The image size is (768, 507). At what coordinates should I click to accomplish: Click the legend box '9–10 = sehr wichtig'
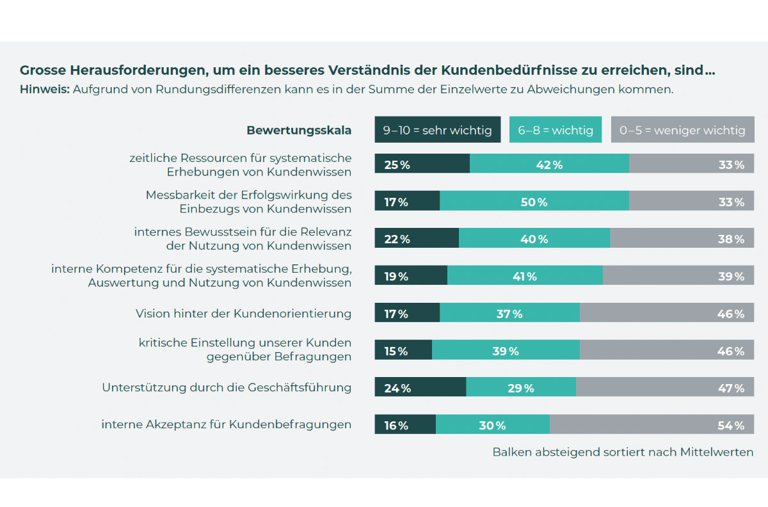coord(437,130)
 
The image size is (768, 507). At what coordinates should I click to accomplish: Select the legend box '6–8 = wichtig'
coord(556,130)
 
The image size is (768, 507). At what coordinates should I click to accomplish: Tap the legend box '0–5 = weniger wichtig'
coord(683,130)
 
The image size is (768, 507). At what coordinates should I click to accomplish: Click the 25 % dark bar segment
coord(422,164)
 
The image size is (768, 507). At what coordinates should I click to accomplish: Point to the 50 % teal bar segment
coord(534,202)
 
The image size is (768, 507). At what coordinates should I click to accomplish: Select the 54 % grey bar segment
coord(652,425)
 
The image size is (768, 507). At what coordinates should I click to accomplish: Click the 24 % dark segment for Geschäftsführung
coord(420,388)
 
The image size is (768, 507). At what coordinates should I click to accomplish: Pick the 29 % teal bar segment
coord(521,388)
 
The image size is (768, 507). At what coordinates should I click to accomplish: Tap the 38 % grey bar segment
coord(682,239)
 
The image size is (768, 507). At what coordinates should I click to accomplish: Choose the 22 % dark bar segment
coord(417,239)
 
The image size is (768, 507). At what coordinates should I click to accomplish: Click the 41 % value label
coord(524,277)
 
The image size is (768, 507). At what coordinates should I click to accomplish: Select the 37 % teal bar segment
coord(510,314)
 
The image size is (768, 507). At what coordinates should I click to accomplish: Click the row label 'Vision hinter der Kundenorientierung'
coord(243,314)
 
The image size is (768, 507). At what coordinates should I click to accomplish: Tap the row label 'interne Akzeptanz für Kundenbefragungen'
coord(226,424)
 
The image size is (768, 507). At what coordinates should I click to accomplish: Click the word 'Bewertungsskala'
coord(299,130)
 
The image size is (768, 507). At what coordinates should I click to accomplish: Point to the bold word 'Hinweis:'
coord(44,89)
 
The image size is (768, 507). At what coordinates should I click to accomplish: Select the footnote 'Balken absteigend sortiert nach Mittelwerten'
coord(623,452)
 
